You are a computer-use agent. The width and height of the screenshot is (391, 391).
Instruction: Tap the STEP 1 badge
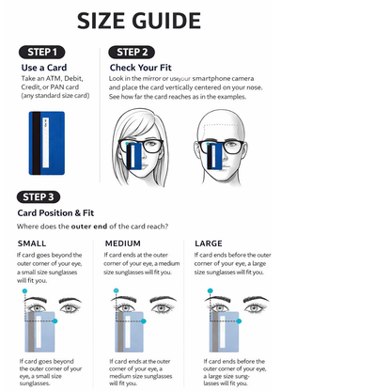(x=41, y=52)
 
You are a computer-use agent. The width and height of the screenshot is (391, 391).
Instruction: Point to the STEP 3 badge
(x=41, y=196)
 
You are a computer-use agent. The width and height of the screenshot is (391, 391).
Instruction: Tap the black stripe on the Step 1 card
(x=38, y=142)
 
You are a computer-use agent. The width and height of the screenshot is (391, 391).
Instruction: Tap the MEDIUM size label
(x=123, y=244)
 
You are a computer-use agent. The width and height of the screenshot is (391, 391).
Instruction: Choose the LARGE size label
(x=208, y=244)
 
